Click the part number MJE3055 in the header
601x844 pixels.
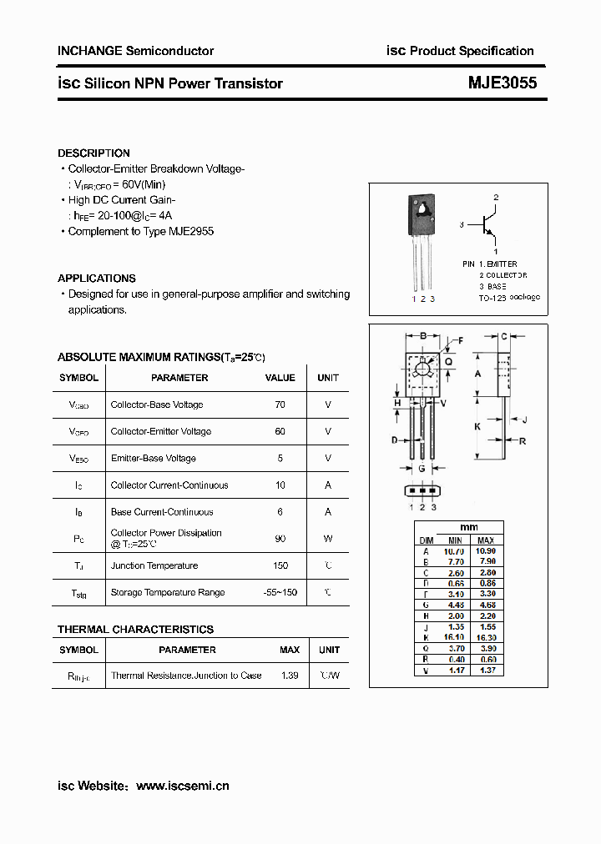point(502,83)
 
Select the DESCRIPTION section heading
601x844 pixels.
point(93,153)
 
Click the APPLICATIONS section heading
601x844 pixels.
point(96,279)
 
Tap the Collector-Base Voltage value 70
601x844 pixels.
point(280,405)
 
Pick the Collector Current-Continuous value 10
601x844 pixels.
point(280,485)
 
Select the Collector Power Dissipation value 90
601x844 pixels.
point(280,539)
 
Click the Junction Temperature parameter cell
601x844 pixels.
point(154,565)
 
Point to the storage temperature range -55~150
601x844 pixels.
point(280,592)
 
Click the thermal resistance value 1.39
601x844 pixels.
point(290,676)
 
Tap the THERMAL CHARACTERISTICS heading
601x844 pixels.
point(135,630)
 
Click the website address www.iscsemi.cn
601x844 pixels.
point(182,786)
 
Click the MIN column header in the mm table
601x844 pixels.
point(453,540)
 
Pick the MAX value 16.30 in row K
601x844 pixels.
point(487,636)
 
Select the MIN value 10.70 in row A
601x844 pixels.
point(453,551)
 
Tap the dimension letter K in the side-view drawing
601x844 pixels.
point(477,426)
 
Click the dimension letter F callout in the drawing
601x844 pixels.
point(458,340)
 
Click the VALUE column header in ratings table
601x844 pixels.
point(280,378)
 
